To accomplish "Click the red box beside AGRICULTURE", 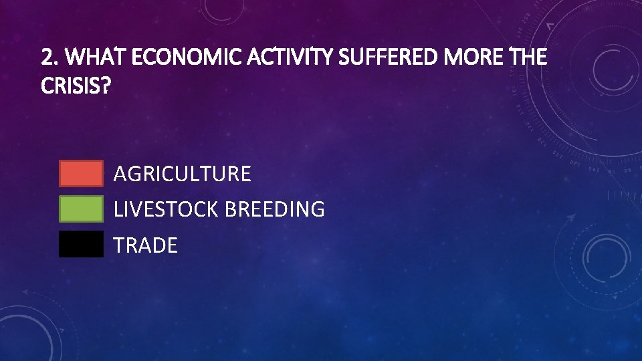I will pos(81,173).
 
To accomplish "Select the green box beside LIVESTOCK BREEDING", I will pos(81,209).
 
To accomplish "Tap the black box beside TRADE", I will pos(81,244).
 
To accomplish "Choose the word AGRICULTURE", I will pos(182,174).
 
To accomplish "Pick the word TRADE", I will pos(145,245).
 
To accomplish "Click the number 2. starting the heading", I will pos(49,58).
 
